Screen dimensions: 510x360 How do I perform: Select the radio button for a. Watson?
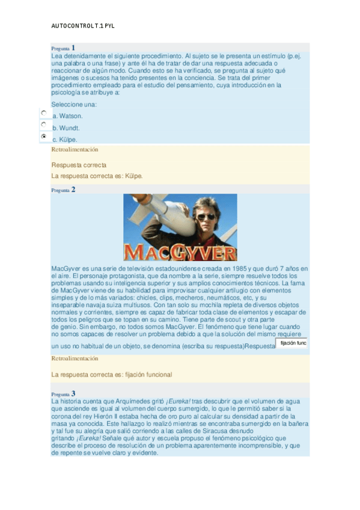point(44,112)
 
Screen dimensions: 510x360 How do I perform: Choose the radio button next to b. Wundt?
point(44,124)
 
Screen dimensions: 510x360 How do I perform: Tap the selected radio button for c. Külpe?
point(44,137)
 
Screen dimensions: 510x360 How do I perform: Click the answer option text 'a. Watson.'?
point(67,116)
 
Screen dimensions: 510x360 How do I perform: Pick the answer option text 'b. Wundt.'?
point(66,128)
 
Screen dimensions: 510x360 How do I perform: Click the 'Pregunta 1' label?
point(63,48)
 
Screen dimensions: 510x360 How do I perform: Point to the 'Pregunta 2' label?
point(63,190)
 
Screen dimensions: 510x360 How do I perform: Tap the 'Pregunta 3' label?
point(63,394)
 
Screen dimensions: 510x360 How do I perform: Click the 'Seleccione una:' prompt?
point(74,104)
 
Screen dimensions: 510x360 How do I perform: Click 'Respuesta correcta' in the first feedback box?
point(79,165)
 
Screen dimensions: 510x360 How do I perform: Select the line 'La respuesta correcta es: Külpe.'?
point(97,176)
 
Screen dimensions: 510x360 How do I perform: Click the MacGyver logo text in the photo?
point(180,251)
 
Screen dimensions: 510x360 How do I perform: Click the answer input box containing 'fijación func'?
point(292,343)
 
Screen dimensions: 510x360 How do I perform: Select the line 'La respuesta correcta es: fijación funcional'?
point(111,375)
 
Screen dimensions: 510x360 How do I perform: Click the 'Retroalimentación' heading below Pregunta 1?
point(75,149)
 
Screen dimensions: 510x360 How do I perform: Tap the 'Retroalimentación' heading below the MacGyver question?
point(75,358)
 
